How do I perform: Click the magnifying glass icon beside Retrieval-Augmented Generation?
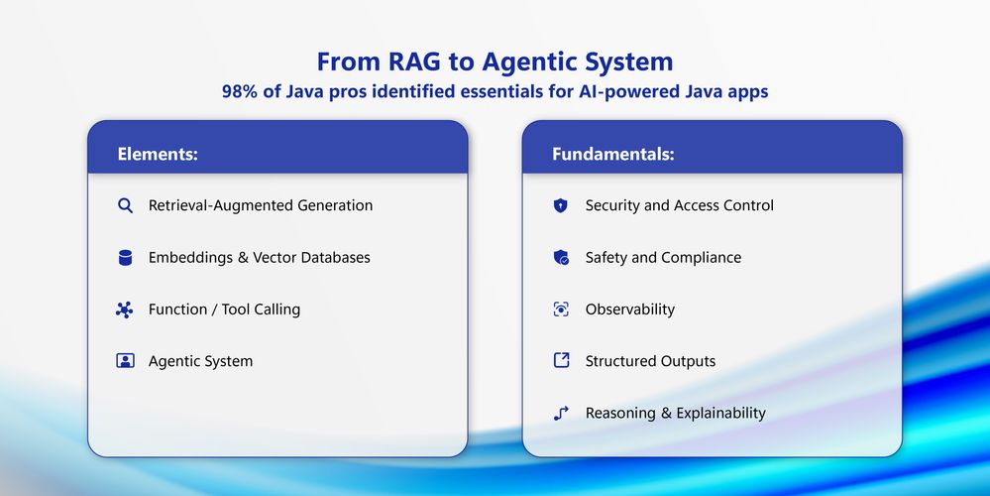pyautogui.click(x=125, y=205)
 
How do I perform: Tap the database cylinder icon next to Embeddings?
pyautogui.click(x=125, y=257)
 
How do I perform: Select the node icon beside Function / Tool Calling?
pyautogui.click(x=125, y=310)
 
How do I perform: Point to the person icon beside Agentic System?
pyautogui.click(x=125, y=361)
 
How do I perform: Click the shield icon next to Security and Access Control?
pyautogui.click(x=561, y=205)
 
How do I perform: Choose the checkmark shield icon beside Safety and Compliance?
pyautogui.click(x=561, y=257)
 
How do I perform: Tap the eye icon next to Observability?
pyautogui.click(x=561, y=309)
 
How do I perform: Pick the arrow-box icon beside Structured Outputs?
pyautogui.click(x=561, y=360)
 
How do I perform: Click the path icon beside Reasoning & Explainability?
pyautogui.click(x=561, y=413)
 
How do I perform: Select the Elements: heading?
pyautogui.click(x=158, y=154)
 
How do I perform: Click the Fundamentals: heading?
pyautogui.click(x=613, y=154)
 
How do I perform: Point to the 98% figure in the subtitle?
pyautogui.click(x=239, y=91)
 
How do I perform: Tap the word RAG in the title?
pyautogui.click(x=414, y=62)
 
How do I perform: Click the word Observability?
pyautogui.click(x=630, y=310)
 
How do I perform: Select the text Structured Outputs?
pyautogui.click(x=650, y=361)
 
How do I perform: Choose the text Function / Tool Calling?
pyautogui.click(x=224, y=310)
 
